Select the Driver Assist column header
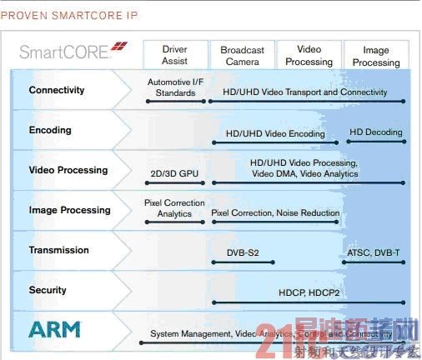coord(174,56)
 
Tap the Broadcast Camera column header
coord(242,56)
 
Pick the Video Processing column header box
coord(309,56)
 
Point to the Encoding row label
coord(50,130)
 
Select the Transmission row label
coord(58,250)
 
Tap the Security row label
coord(48,290)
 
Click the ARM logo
coord(54,329)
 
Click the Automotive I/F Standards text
coord(175,87)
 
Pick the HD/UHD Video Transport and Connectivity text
coord(304,92)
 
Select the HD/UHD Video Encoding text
coord(275,133)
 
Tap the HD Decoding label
coord(375,132)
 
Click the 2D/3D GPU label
coord(173,174)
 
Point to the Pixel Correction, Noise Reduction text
coord(275,213)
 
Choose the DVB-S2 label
coord(243,252)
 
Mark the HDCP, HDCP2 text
coord(307,292)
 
